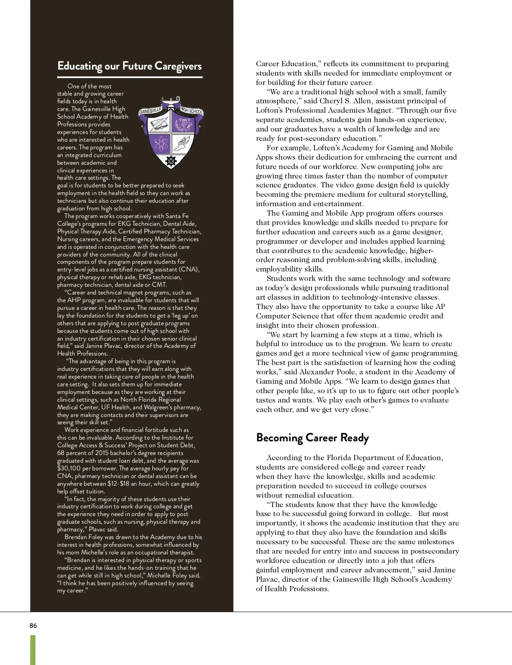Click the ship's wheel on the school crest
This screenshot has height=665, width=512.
(x=171, y=161)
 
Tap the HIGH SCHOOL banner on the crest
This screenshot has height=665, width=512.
(x=192, y=110)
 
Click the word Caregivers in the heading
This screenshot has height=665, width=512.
(x=178, y=66)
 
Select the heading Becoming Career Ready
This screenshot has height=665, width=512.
(x=312, y=438)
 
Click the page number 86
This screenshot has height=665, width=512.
(x=33, y=626)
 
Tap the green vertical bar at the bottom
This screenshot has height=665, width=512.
(x=33, y=649)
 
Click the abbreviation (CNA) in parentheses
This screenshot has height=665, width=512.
(x=190, y=270)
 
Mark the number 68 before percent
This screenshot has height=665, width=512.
(x=61, y=453)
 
